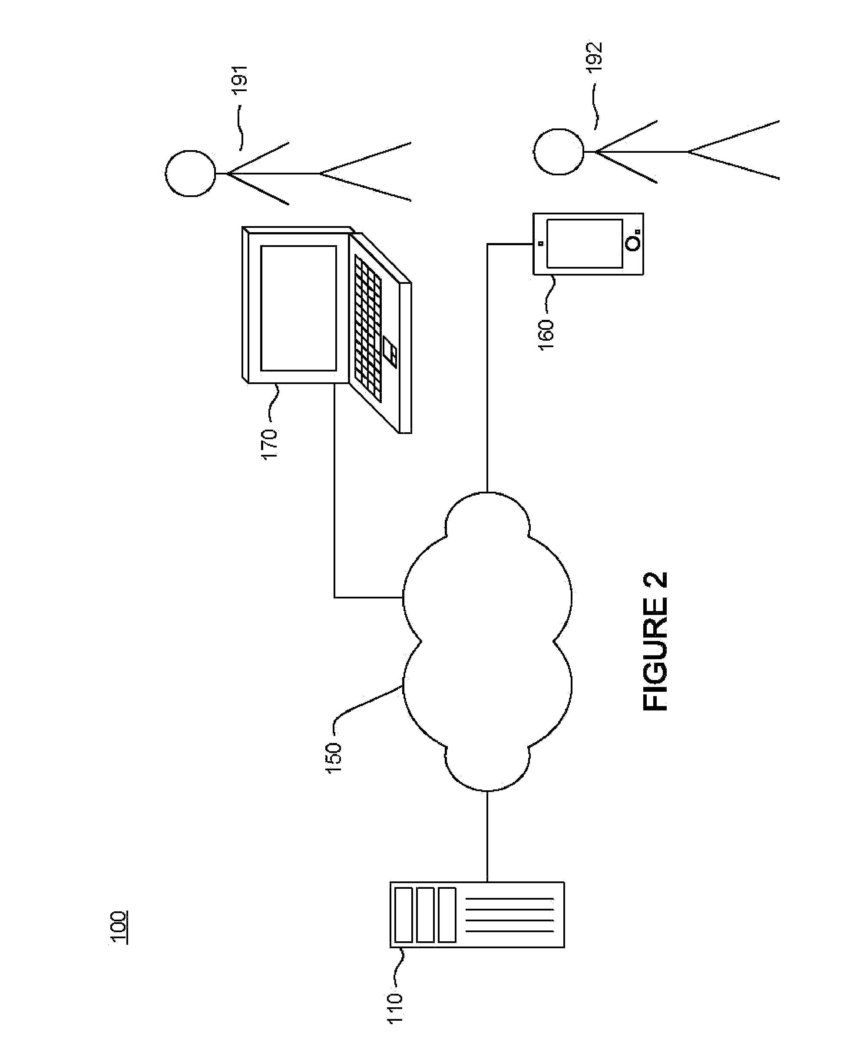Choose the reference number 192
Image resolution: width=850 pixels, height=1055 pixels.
[x=595, y=58]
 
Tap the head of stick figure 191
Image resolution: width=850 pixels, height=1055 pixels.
[x=191, y=174]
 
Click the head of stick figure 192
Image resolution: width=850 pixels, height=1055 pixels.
[x=559, y=152]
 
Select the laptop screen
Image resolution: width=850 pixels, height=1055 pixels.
[x=299, y=308]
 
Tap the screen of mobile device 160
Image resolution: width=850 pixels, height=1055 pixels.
[x=585, y=244]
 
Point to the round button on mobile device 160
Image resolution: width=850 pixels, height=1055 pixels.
[x=634, y=244]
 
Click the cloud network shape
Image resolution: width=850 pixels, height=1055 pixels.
[x=487, y=641]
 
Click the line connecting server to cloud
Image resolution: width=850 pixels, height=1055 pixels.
[x=487, y=837]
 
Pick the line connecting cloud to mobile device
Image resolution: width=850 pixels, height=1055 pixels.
[x=487, y=367]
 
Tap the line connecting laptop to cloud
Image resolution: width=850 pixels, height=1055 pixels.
[x=335, y=490]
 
